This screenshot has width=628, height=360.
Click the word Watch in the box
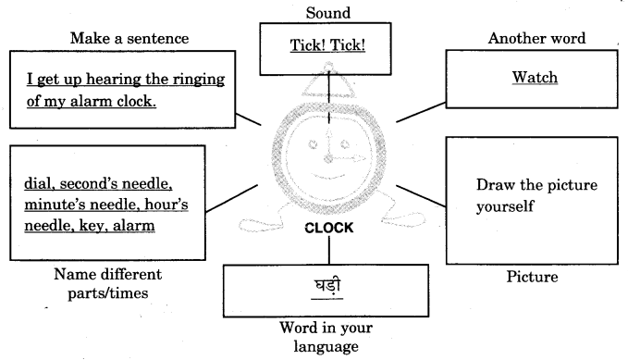[535, 77]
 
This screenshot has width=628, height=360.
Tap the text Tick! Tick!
[314, 44]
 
